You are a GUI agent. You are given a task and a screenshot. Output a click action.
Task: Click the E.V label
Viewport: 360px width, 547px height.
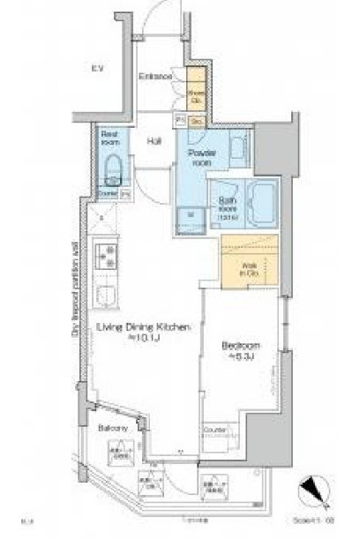tap(98, 67)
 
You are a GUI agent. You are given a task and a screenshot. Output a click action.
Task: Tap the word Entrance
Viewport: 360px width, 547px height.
tap(155, 76)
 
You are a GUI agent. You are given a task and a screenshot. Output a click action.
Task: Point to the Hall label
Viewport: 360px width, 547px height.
tap(154, 139)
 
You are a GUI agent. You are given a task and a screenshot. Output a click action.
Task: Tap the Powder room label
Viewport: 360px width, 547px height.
tap(202, 157)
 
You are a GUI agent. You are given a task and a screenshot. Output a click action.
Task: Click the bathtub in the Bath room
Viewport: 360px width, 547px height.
tap(261, 206)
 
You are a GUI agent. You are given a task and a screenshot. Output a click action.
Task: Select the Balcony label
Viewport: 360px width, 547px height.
tap(113, 427)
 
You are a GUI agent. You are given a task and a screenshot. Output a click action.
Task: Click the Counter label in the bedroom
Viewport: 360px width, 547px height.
tap(215, 429)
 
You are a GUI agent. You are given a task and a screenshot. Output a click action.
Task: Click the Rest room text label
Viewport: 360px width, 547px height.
tap(110, 138)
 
